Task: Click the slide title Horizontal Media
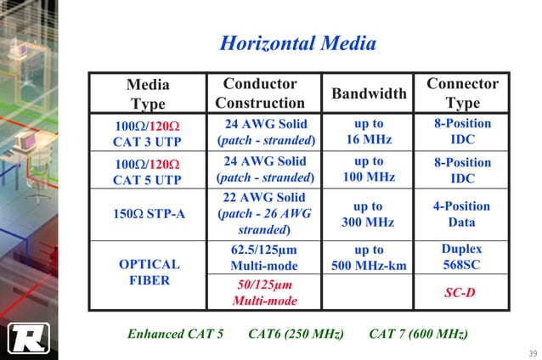[297, 43]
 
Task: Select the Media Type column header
[148, 93]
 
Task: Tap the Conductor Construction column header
[259, 93]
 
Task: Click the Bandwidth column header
[369, 93]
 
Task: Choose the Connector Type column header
[462, 93]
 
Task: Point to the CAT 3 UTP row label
[148, 134]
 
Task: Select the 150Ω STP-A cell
[148, 214]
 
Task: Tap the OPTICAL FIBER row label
[148, 272]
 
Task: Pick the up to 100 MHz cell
[369, 170]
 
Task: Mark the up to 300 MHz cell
[369, 214]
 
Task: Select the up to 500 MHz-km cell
[369, 258]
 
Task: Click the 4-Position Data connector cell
[462, 214]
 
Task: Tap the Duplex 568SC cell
[462, 257]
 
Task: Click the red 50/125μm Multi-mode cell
[265, 293]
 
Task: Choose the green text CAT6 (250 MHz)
[296, 334]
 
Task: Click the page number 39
[532, 352]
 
